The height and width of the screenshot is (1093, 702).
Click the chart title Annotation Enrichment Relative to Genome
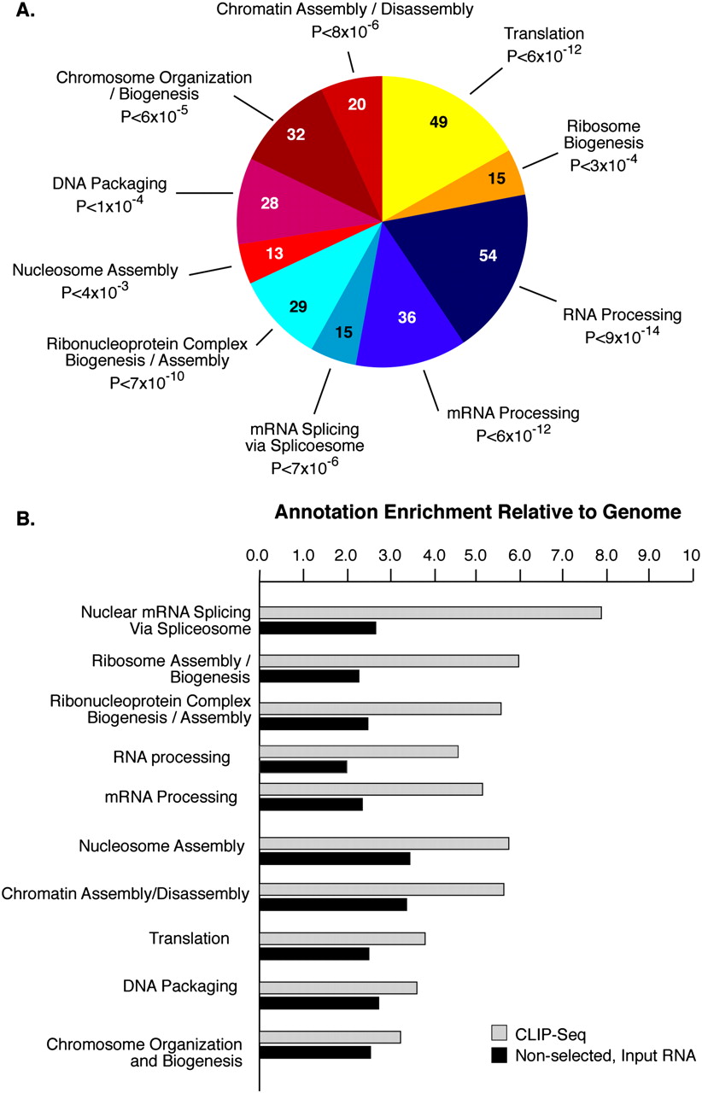(x=477, y=512)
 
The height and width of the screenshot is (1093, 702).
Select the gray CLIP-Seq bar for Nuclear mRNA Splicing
(x=430, y=612)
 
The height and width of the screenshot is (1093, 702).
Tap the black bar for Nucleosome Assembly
(x=334, y=858)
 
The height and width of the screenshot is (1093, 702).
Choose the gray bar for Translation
(x=342, y=938)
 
